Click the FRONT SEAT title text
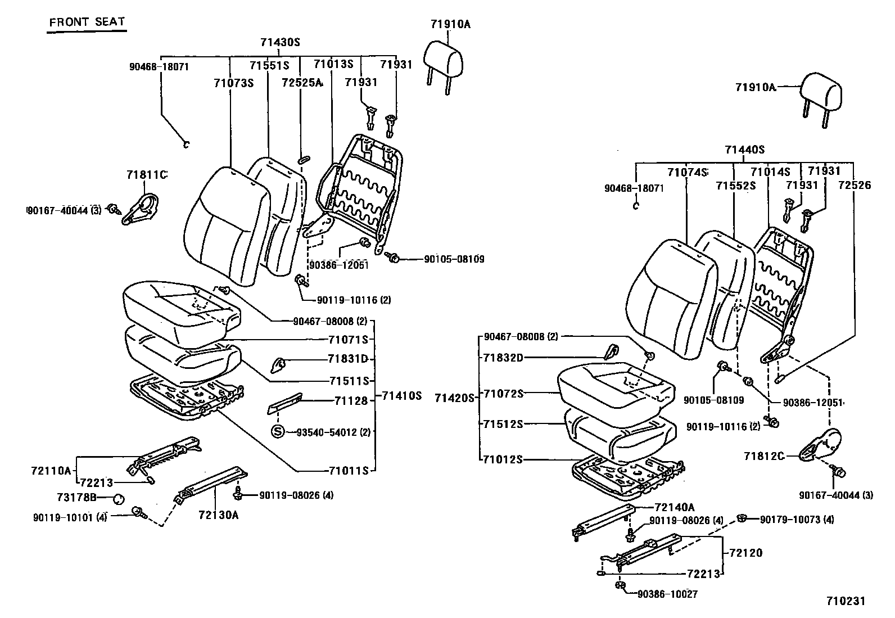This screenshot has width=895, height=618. (87, 23)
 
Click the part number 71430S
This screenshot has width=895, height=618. (279, 42)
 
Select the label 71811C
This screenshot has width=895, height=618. (147, 175)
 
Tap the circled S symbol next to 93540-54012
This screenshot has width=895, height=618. (278, 432)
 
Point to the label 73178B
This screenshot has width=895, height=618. (76, 498)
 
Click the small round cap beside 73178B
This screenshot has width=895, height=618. (119, 498)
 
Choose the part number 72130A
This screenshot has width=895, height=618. (218, 515)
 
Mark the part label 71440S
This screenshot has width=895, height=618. (744, 150)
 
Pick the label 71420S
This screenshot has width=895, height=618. (455, 398)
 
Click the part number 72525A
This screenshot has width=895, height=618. (302, 83)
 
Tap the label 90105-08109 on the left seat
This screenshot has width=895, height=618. (454, 259)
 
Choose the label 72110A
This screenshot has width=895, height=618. (51, 470)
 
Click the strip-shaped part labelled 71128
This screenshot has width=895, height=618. (286, 402)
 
